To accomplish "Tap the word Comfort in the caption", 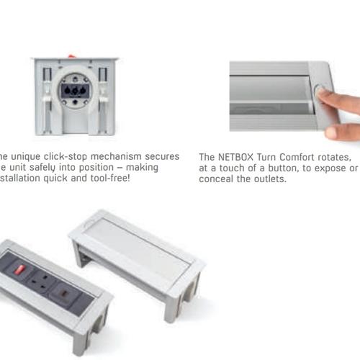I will [295, 157].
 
